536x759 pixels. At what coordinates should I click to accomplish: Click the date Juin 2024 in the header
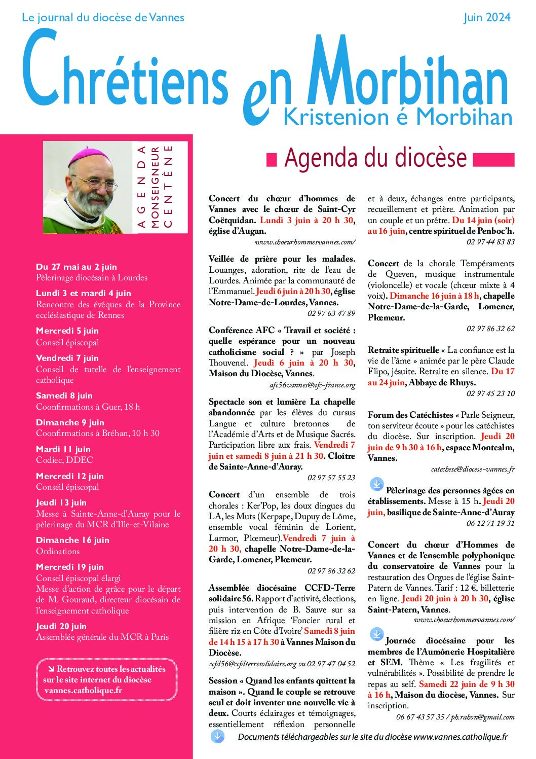[x=487, y=18]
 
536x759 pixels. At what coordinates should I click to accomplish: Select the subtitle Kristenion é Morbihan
[x=398, y=117]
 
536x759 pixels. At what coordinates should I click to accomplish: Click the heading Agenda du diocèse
[x=375, y=158]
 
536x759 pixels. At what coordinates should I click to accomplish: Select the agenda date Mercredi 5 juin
[x=67, y=331]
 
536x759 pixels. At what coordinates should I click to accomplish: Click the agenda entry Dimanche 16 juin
[x=72, y=540]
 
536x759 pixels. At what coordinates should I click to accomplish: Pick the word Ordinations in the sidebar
[x=58, y=551]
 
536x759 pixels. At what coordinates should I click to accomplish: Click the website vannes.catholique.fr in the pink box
[x=83, y=690]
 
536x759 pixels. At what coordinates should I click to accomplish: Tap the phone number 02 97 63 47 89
[x=331, y=313]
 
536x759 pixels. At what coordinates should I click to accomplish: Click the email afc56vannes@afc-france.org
[x=312, y=385]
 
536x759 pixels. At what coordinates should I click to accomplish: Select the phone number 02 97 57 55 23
[x=331, y=478]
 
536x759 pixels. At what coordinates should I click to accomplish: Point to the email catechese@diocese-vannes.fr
[x=473, y=469]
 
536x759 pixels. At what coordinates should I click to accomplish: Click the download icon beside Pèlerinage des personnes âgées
[x=376, y=484]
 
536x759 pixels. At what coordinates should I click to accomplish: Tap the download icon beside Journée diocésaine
[x=376, y=634]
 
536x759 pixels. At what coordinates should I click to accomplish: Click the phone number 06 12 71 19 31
[x=490, y=523]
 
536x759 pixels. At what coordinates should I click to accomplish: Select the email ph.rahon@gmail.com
[x=483, y=717]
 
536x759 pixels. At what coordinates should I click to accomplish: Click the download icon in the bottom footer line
[x=217, y=736]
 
